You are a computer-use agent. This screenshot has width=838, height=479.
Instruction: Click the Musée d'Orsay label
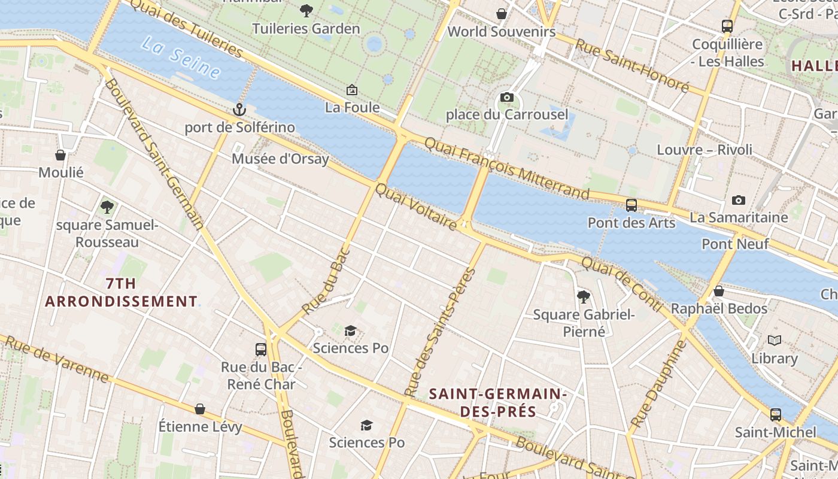coord(280,159)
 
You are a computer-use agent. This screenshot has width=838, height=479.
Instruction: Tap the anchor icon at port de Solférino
coord(239,110)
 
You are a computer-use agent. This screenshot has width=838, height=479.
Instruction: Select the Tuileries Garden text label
coord(306,29)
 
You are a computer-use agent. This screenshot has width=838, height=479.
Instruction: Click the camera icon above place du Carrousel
coord(506,97)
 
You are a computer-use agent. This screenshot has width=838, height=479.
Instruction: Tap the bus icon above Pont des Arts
coord(631,205)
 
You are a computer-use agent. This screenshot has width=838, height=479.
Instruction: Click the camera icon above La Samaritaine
coord(739,200)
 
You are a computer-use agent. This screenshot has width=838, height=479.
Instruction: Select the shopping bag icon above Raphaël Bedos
coord(719,292)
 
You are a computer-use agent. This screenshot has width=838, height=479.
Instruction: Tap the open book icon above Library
coord(775,341)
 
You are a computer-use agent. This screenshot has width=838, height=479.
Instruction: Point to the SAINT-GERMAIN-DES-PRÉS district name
coord(498,403)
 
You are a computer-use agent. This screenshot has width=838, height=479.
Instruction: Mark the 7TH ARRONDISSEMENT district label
coord(121,292)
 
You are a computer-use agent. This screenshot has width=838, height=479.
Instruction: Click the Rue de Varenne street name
coord(57,359)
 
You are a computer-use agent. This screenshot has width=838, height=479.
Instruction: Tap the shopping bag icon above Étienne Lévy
coord(200,409)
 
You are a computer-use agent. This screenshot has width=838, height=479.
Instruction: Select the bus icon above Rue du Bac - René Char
coord(261,349)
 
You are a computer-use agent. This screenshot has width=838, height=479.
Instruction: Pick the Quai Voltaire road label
coord(416,207)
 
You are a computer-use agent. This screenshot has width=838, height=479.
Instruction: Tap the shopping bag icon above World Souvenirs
coord(502,14)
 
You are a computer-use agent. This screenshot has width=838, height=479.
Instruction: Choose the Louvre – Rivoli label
coord(705,150)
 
